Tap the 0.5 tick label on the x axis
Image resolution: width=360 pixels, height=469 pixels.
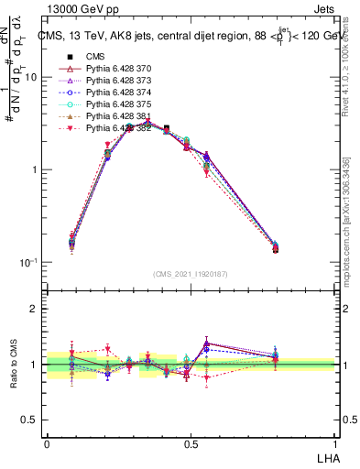tap(191, 443)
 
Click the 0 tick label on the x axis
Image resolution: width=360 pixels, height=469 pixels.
tap(47, 443)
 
